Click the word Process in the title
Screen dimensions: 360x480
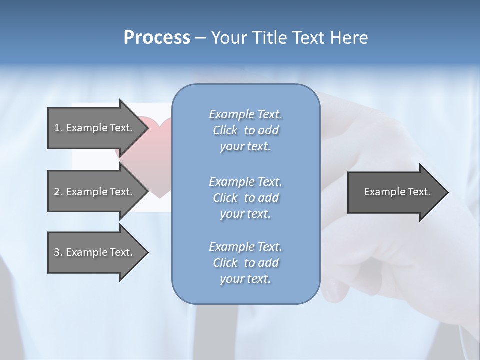(157, 38)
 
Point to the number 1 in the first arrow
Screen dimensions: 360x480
(57, 128)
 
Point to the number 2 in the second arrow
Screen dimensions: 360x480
(57, 192)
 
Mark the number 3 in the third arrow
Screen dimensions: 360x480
(57, 252)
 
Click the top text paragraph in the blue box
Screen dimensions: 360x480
(245, 130)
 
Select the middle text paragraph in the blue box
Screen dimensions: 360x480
(245, 198)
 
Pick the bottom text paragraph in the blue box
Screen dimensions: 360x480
(245, 263)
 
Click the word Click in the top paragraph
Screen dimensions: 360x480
(225, 130)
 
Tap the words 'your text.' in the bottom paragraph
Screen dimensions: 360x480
(245, 279)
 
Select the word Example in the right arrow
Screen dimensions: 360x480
(382, 192)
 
